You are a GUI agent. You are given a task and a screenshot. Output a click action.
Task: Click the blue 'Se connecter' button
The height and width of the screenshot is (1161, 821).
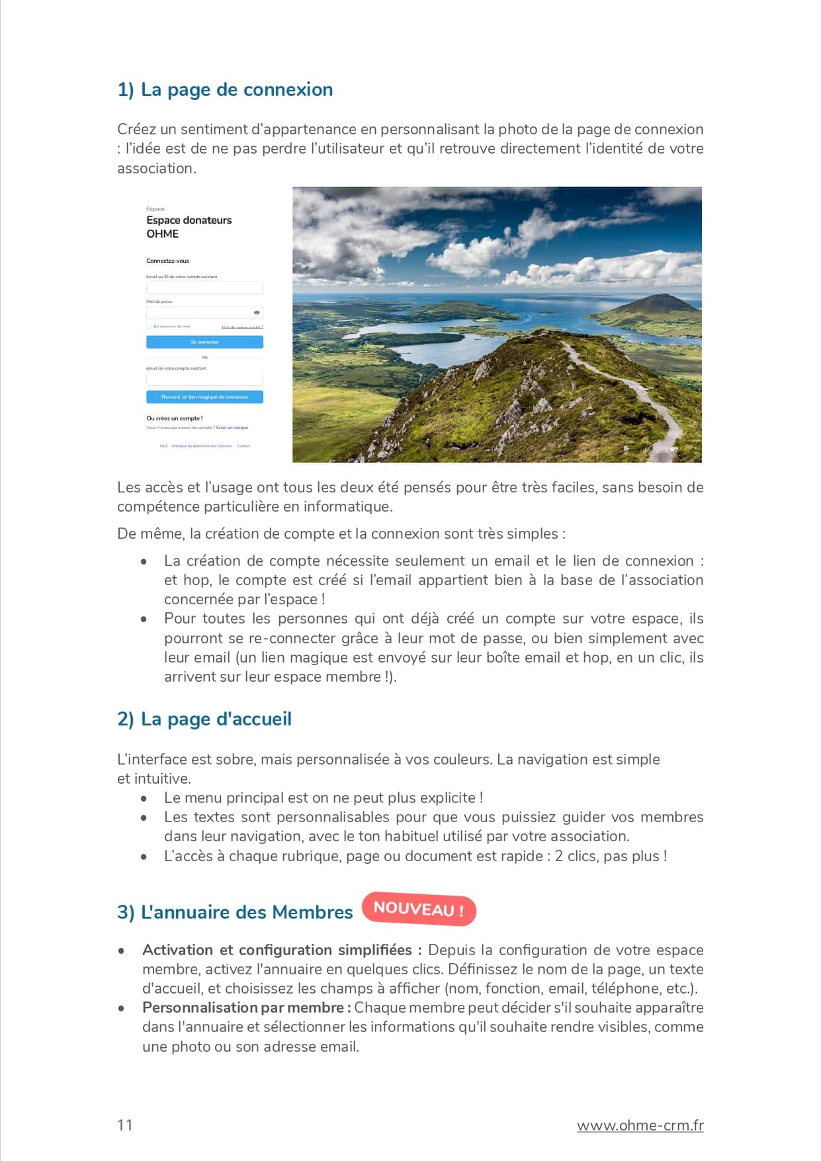pos(204,342)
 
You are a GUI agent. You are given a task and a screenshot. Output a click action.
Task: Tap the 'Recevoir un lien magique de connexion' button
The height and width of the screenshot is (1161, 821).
pos(204,397)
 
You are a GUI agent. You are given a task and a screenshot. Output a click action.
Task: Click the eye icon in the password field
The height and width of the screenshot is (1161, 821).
pos(257,312)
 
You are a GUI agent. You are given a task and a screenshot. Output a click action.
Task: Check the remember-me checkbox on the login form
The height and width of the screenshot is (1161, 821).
pos(149,326)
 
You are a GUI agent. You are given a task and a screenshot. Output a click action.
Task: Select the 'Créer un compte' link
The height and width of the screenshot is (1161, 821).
pos(232,428)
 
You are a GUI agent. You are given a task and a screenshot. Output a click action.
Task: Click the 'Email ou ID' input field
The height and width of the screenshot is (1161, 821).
pos(204,287)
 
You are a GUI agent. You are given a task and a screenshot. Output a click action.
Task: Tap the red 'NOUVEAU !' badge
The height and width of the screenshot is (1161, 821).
pos(419,909)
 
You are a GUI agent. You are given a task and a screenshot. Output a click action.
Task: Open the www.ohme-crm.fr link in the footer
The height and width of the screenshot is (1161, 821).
pos(640,1125)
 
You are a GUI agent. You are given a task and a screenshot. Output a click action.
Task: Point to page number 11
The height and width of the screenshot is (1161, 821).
pos(125,1125)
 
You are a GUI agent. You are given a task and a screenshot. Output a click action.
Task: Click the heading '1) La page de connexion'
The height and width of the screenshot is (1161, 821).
pos(225,89)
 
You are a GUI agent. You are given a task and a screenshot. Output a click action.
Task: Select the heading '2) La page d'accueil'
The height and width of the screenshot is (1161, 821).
pos(204,719)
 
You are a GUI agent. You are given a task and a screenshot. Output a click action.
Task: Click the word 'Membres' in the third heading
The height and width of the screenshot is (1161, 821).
pos(312,912)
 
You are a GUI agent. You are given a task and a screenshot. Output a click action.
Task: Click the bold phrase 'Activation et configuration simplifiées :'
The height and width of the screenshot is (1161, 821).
pos(282,950)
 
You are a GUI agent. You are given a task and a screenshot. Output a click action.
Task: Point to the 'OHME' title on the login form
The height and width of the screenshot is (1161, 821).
pos(163,234)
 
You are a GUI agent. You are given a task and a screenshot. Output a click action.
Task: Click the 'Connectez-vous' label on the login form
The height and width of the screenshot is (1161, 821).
pos(167,261)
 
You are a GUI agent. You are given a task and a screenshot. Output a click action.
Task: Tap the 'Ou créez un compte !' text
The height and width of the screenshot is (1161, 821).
pos(174,418)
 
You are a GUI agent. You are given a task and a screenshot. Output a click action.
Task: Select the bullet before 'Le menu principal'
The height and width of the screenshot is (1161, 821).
pos(144,798)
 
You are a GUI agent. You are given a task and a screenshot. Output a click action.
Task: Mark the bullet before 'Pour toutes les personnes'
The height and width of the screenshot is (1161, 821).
pos(144,619)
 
